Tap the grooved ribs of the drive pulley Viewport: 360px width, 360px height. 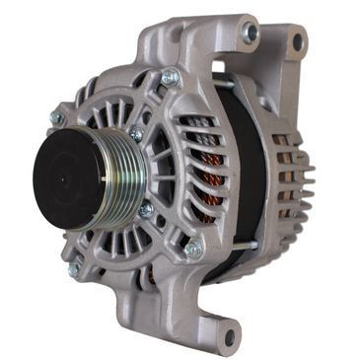tap(125, 176)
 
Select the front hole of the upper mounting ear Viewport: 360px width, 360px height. tap(250, 34)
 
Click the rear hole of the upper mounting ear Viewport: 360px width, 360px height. tap(296, 41)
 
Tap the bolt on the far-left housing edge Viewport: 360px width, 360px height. tap(58, 117)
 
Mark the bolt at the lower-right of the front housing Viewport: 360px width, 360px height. tap(193, 249)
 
